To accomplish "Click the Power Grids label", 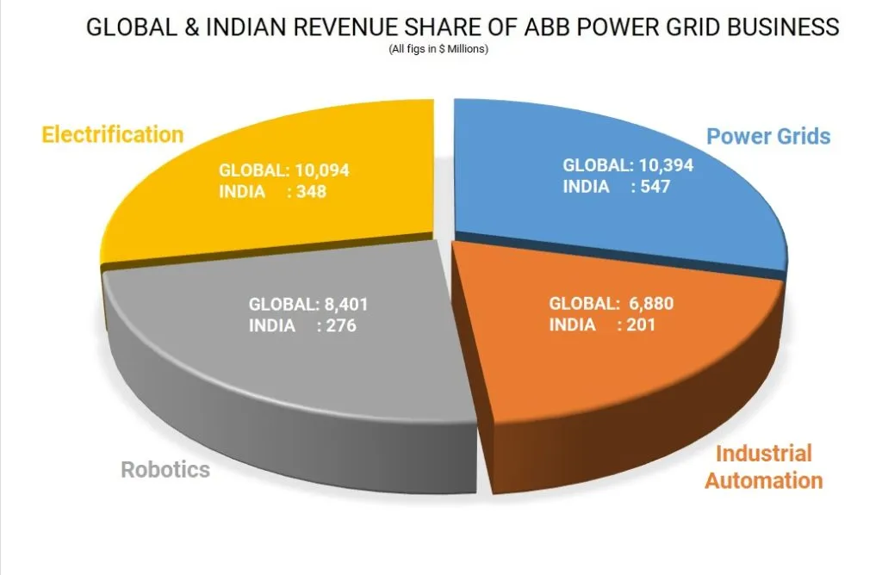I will click(x=768, y=136).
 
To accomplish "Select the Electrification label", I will click(x=113, y=135).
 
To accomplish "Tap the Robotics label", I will click(x=165, y=470).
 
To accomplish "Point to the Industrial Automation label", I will click(x=764, y=467).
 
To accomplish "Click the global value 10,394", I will click(x=665, y=165).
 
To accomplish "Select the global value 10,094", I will click(x=320, y=170).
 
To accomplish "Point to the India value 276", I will click(x=340, y=325).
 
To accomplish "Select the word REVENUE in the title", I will click(x=339, y=28).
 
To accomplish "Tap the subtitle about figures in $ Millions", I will click(x=438, y=49).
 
